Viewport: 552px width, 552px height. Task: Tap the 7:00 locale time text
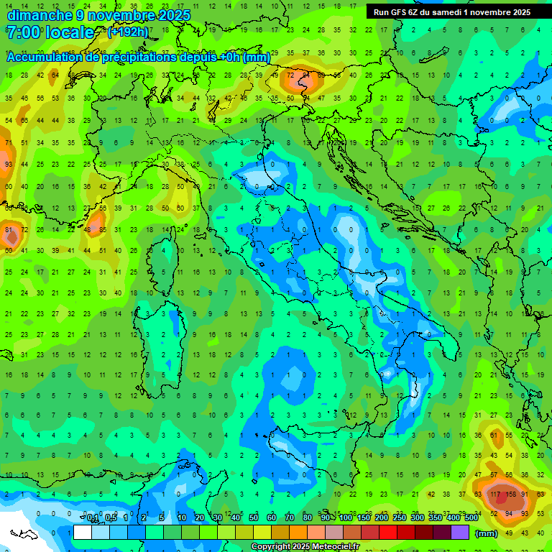(50, 32)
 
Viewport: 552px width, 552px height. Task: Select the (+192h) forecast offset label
(128, 32)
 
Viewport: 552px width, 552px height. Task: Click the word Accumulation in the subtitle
(45, 57)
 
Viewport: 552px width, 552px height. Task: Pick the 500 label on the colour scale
(471, 517)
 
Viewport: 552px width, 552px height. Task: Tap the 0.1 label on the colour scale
(93, 517)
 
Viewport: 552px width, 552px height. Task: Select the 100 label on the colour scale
(345, 517)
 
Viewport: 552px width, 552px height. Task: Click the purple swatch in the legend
(460, 533)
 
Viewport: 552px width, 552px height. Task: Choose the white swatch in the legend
(83, 533)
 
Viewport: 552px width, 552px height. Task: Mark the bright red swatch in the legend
(388, 533)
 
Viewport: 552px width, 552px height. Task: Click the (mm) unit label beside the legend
(487, 533)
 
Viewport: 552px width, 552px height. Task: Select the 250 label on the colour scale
(399, 517)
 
